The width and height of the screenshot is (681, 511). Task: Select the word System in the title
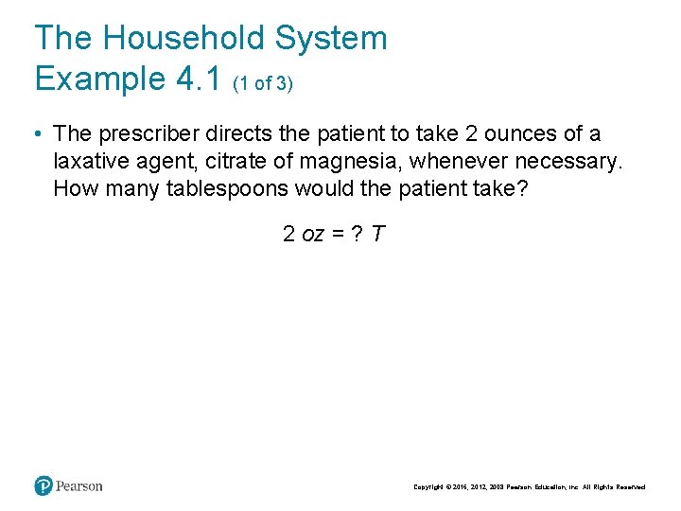tap(331, 38)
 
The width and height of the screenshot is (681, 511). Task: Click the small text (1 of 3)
tap(263, 83)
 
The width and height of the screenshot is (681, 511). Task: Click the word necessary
tap(568, 161)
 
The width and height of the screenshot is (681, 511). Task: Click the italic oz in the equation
tap(313, 234)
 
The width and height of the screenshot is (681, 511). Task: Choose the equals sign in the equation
tap(337, 234)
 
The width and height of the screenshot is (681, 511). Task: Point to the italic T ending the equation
tap(377, 233)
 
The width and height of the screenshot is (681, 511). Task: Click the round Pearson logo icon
tap(44, 486)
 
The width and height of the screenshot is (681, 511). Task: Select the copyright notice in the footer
tap(530, 487)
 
